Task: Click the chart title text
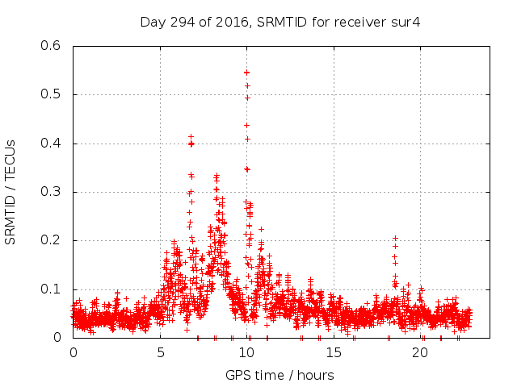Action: tap(280, 22)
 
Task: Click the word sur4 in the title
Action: tap(406, 22)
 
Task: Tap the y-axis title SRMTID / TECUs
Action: tap(11, 192)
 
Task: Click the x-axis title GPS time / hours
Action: tap(280, 375)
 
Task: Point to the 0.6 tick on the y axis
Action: tap(52, 46)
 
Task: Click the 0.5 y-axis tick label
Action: tap(52, 94)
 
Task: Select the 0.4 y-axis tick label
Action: tap(52, 144)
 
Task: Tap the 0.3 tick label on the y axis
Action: tap(52, 192)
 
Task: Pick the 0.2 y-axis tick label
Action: tap(52, 240)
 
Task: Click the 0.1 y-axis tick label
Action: tap(52, 289)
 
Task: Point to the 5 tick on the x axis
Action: tap(160, 354)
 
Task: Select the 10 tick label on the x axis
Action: tap(247, 354)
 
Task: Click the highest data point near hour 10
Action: tap(246, 73)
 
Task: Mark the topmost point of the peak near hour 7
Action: tap(191, 136)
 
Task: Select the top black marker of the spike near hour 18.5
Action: tap(395, 239)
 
